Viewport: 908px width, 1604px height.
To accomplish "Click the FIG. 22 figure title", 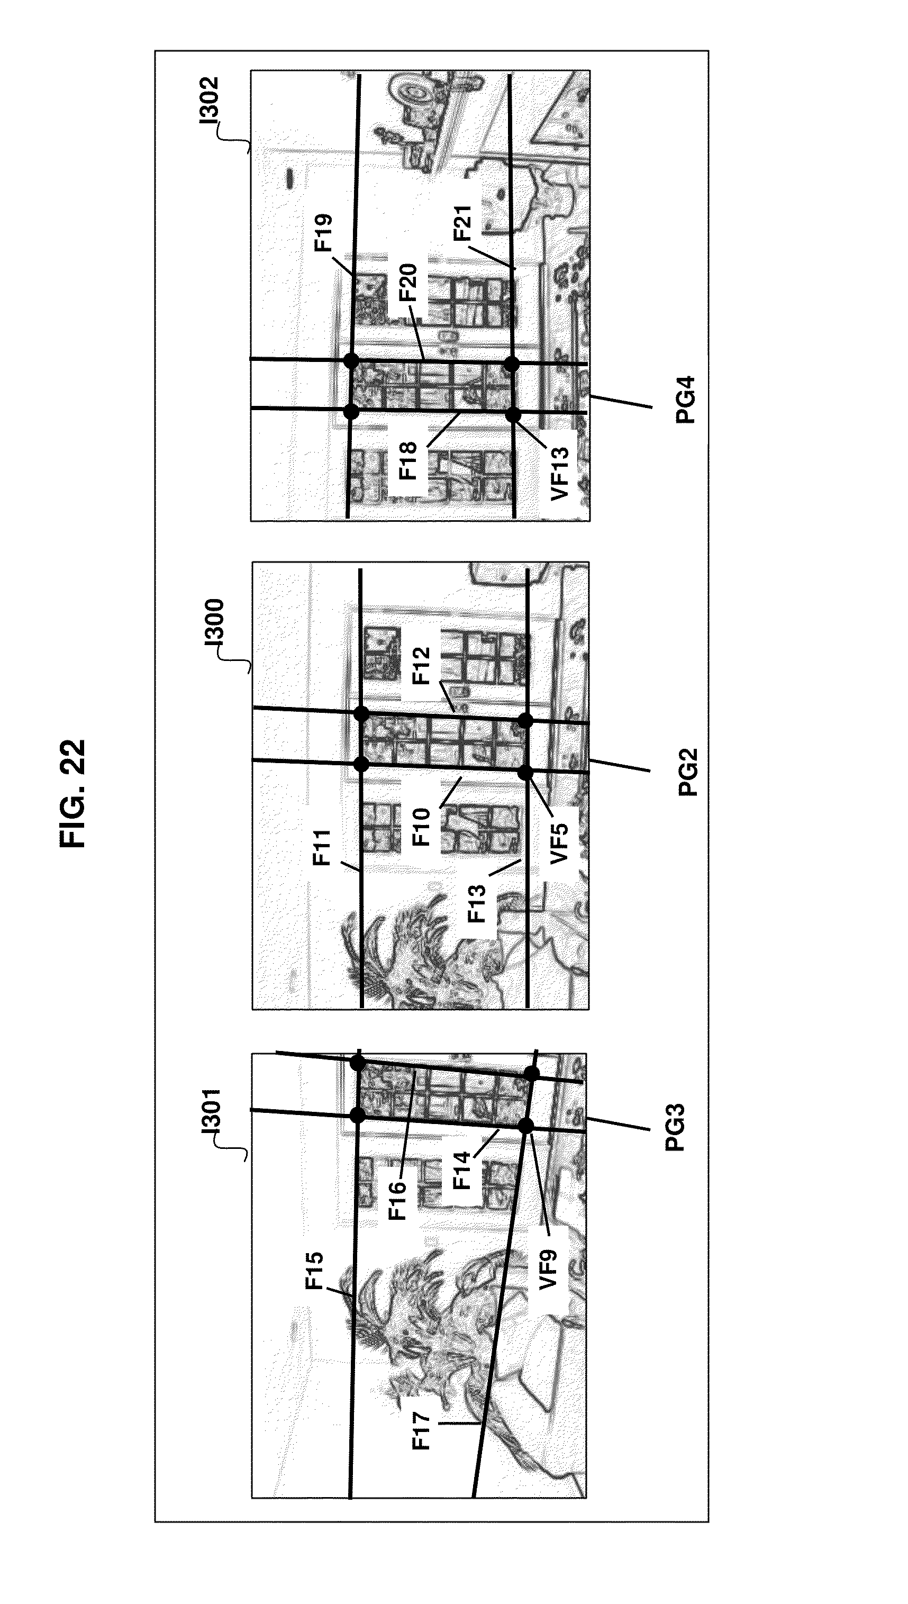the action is pos(73,793).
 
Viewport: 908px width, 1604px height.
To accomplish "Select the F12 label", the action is pos(422,666).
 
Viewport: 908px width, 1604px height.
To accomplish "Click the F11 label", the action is pos(322,848).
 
